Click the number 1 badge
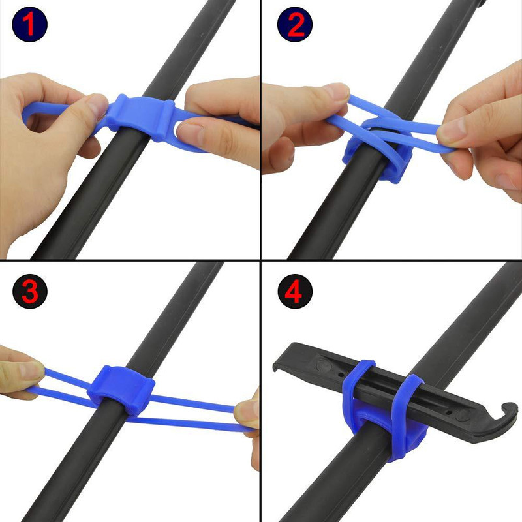pos(29,24)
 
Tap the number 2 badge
pos(295,24)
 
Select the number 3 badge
pos(30,291)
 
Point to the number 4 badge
pos(295,291)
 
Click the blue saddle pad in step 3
pos(121,390)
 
